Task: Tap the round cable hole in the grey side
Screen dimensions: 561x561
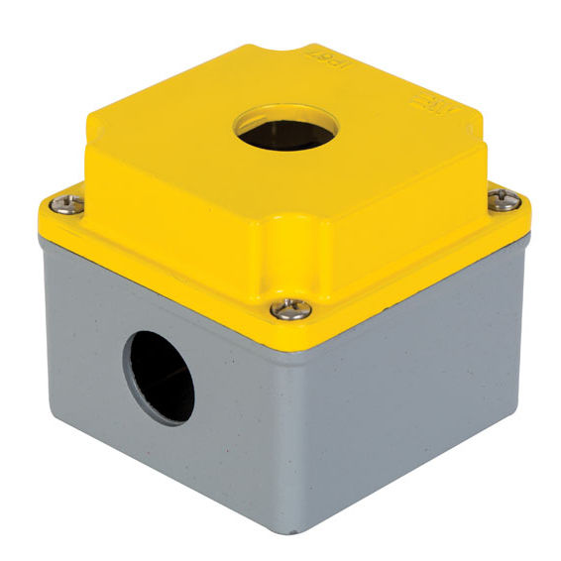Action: coord(160,377)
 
